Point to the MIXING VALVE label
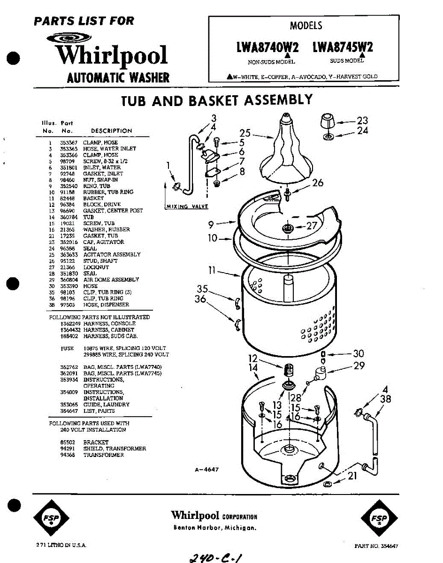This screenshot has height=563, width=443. pyautogui.click(x=187, y=206)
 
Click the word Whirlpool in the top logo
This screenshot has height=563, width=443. pyautogui.click(x=112, y=55)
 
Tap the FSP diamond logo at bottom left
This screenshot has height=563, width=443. pyautogui.click(x=51, y=518)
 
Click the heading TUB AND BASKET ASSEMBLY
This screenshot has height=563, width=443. pyautogui.click(x=216, y=100)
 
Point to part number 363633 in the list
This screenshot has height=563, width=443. pyautogui.click(x=69, y=254)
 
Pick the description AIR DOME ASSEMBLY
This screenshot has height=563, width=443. pyautogui.click(x=111, y=280)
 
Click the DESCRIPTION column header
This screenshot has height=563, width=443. pyautogui.click(x=111, y=131)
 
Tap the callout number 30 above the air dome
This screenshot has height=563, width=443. pyautogui.click(x=359, y=354)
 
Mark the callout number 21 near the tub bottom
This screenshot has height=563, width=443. pyautogui.click(x=352, y=476)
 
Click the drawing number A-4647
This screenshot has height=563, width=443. pyautogui.click(x=206, y=470)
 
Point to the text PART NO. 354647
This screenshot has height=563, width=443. pyautogui.click(x=376, y=546)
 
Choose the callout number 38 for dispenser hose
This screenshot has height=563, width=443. pyautogui.click(x=386, y=399)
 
